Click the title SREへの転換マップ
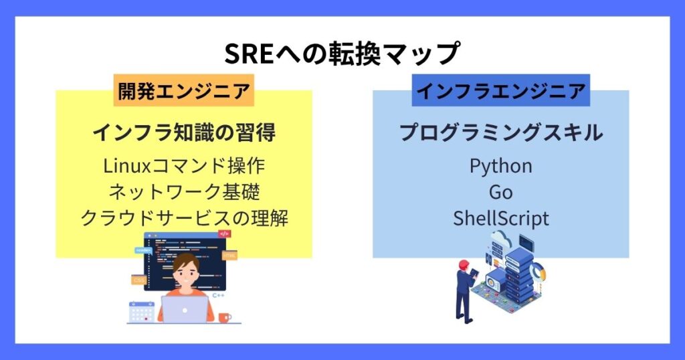click(342, 53)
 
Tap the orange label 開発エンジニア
click(184, 91)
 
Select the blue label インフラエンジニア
click(500, 90)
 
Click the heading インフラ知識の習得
click(184, 132)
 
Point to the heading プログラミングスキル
click(501, 132)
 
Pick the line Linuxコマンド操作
click(184, 166)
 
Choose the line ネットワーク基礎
click(184, 192)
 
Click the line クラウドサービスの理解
click(184, 218)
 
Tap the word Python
click(500, 167)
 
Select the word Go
click(500, 192)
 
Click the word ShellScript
click(500, 218)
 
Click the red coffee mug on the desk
click(225, 317)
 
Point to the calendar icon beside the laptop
click(142, 312)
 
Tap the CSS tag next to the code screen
click(139, 280)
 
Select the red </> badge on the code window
click(224, 234)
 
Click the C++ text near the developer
click(218, 296)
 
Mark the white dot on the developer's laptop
click(185, 310)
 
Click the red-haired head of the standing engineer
click(464, 265)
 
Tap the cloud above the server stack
click(502, 240)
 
